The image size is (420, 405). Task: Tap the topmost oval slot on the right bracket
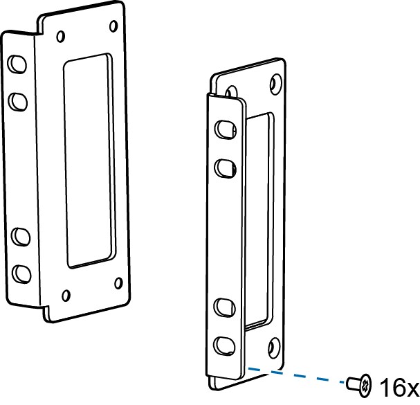click(x=223, y=129)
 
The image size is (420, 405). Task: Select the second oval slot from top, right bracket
click(x=224, y=166)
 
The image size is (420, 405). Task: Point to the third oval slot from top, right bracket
click(x=226, y=305)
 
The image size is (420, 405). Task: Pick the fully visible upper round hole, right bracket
click(x=275, y=84)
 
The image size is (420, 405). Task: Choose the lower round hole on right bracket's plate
click(x=275, y=346)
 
